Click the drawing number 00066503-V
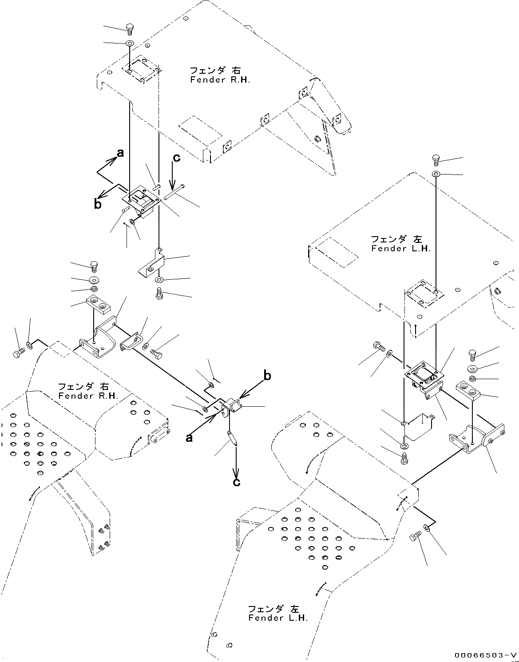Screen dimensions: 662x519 point(485,655)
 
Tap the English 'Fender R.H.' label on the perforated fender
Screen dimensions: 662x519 point(87,396)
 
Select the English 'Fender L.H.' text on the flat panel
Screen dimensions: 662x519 point(401,249)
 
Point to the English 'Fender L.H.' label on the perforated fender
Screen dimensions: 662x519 point(278,618)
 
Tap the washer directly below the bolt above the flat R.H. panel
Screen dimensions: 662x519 point(129,43)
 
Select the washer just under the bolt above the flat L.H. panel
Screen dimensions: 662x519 point(436,174)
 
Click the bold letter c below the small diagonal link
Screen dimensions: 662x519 point(237,481)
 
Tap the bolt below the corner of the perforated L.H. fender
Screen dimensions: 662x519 point(413,539)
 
